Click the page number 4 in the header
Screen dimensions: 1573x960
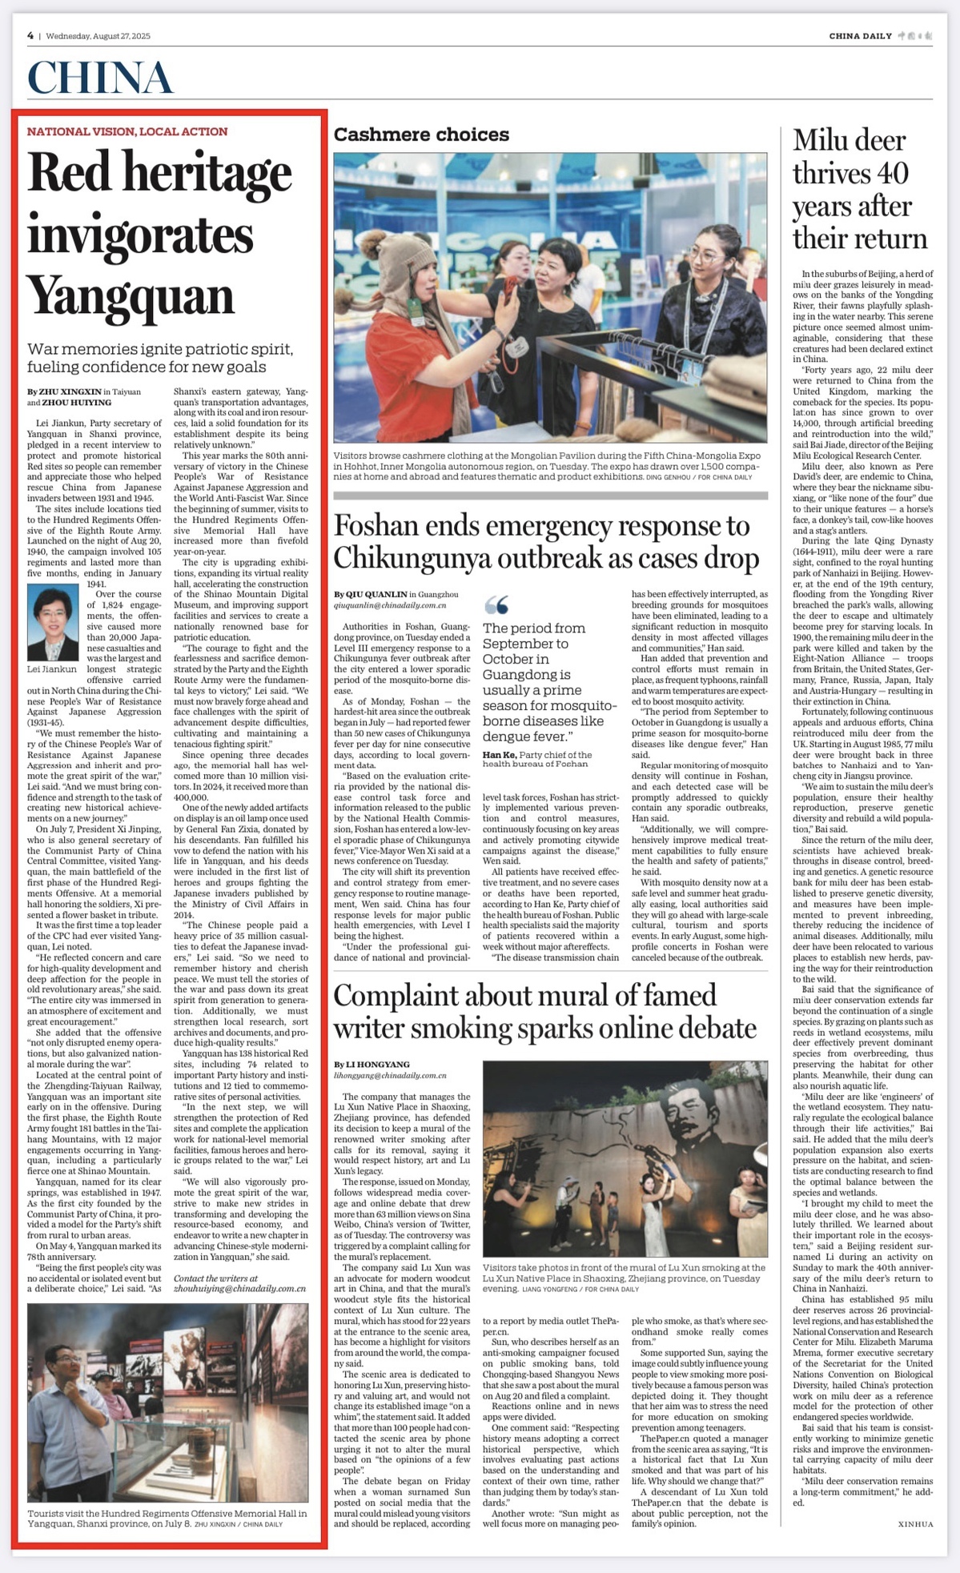(30, 36)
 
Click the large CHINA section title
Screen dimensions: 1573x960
(100, 78)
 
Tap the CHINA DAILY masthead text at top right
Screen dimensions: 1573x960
(860, 36)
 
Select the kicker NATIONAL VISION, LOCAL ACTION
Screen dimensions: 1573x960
(127, 131)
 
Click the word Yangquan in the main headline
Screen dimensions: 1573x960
(131, 296)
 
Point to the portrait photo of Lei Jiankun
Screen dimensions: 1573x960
(53, 622)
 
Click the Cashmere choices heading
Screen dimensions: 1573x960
(421, 134)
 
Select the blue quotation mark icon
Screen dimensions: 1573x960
(496, 604)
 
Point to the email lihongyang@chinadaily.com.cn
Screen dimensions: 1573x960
(390, 1077)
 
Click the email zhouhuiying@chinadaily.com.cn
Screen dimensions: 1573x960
(240, 1289)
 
